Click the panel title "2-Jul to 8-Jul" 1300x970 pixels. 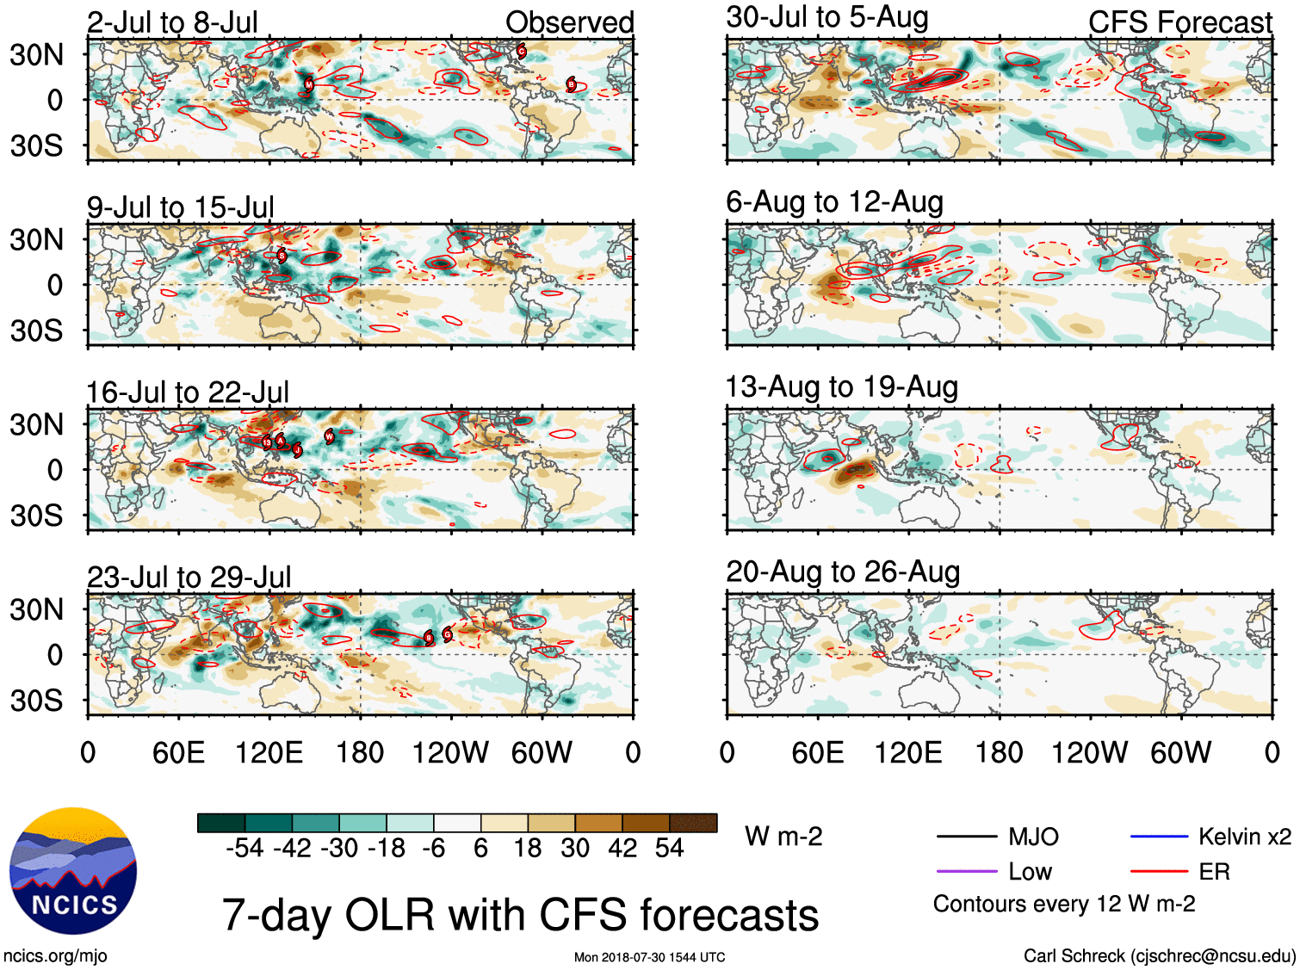coord(172,22)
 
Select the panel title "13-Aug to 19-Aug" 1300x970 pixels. coord(841,387)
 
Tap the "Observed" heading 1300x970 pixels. coord(569,22)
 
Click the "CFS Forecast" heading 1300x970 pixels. coord(1179,22)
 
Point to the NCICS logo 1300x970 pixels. coord(73,871)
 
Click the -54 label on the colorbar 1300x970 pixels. coord(245,849)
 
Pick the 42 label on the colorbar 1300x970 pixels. coord(622,849)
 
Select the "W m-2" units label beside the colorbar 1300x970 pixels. coord(783,837)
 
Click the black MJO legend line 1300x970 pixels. coord(966,837)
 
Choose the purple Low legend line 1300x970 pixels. coord(966,872)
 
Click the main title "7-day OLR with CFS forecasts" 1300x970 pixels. coord(520,915)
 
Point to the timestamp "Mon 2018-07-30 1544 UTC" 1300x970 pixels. coord(649,957)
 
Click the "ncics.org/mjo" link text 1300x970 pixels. coord(55,955)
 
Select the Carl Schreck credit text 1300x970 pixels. coord(1159,955)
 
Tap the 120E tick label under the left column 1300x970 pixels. coord(269,753)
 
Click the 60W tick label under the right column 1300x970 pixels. coord(1180,753)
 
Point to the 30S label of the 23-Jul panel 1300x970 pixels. coord(36,701)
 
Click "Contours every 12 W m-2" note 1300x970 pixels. coord(1064,905)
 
